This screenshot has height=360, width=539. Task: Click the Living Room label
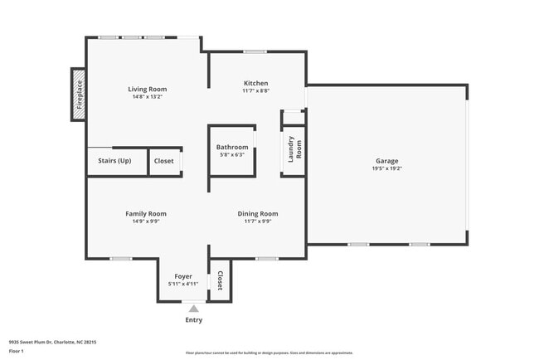[x=147, y=89]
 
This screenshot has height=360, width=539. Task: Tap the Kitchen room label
[x=255, y=83]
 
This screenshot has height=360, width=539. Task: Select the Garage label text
[x=386, y=161]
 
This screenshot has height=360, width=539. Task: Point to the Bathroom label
[x=232, y=148]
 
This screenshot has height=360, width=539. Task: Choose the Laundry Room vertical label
[x=294, y=148]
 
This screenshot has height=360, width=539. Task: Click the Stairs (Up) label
[x=114, y=161]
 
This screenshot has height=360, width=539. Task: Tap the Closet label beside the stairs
[x=164, y=161]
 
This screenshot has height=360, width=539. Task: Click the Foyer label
[x=183, y=276]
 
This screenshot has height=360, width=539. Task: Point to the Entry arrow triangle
[x=193, y=309]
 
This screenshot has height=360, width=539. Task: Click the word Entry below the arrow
[x=193, y=320]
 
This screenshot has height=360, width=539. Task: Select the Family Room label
[x=146, y=214]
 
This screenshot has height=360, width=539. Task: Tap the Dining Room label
[x=258, y=214]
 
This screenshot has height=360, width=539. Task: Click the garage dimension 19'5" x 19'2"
[x=386, y=168]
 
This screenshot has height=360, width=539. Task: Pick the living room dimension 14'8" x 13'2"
[x=147, y=97]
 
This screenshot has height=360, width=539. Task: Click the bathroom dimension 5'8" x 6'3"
[x=232, y=155]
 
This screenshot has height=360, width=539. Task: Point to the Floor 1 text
[x=17, y=351]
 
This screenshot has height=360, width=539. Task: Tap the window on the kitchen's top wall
[x=255, y=52]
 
